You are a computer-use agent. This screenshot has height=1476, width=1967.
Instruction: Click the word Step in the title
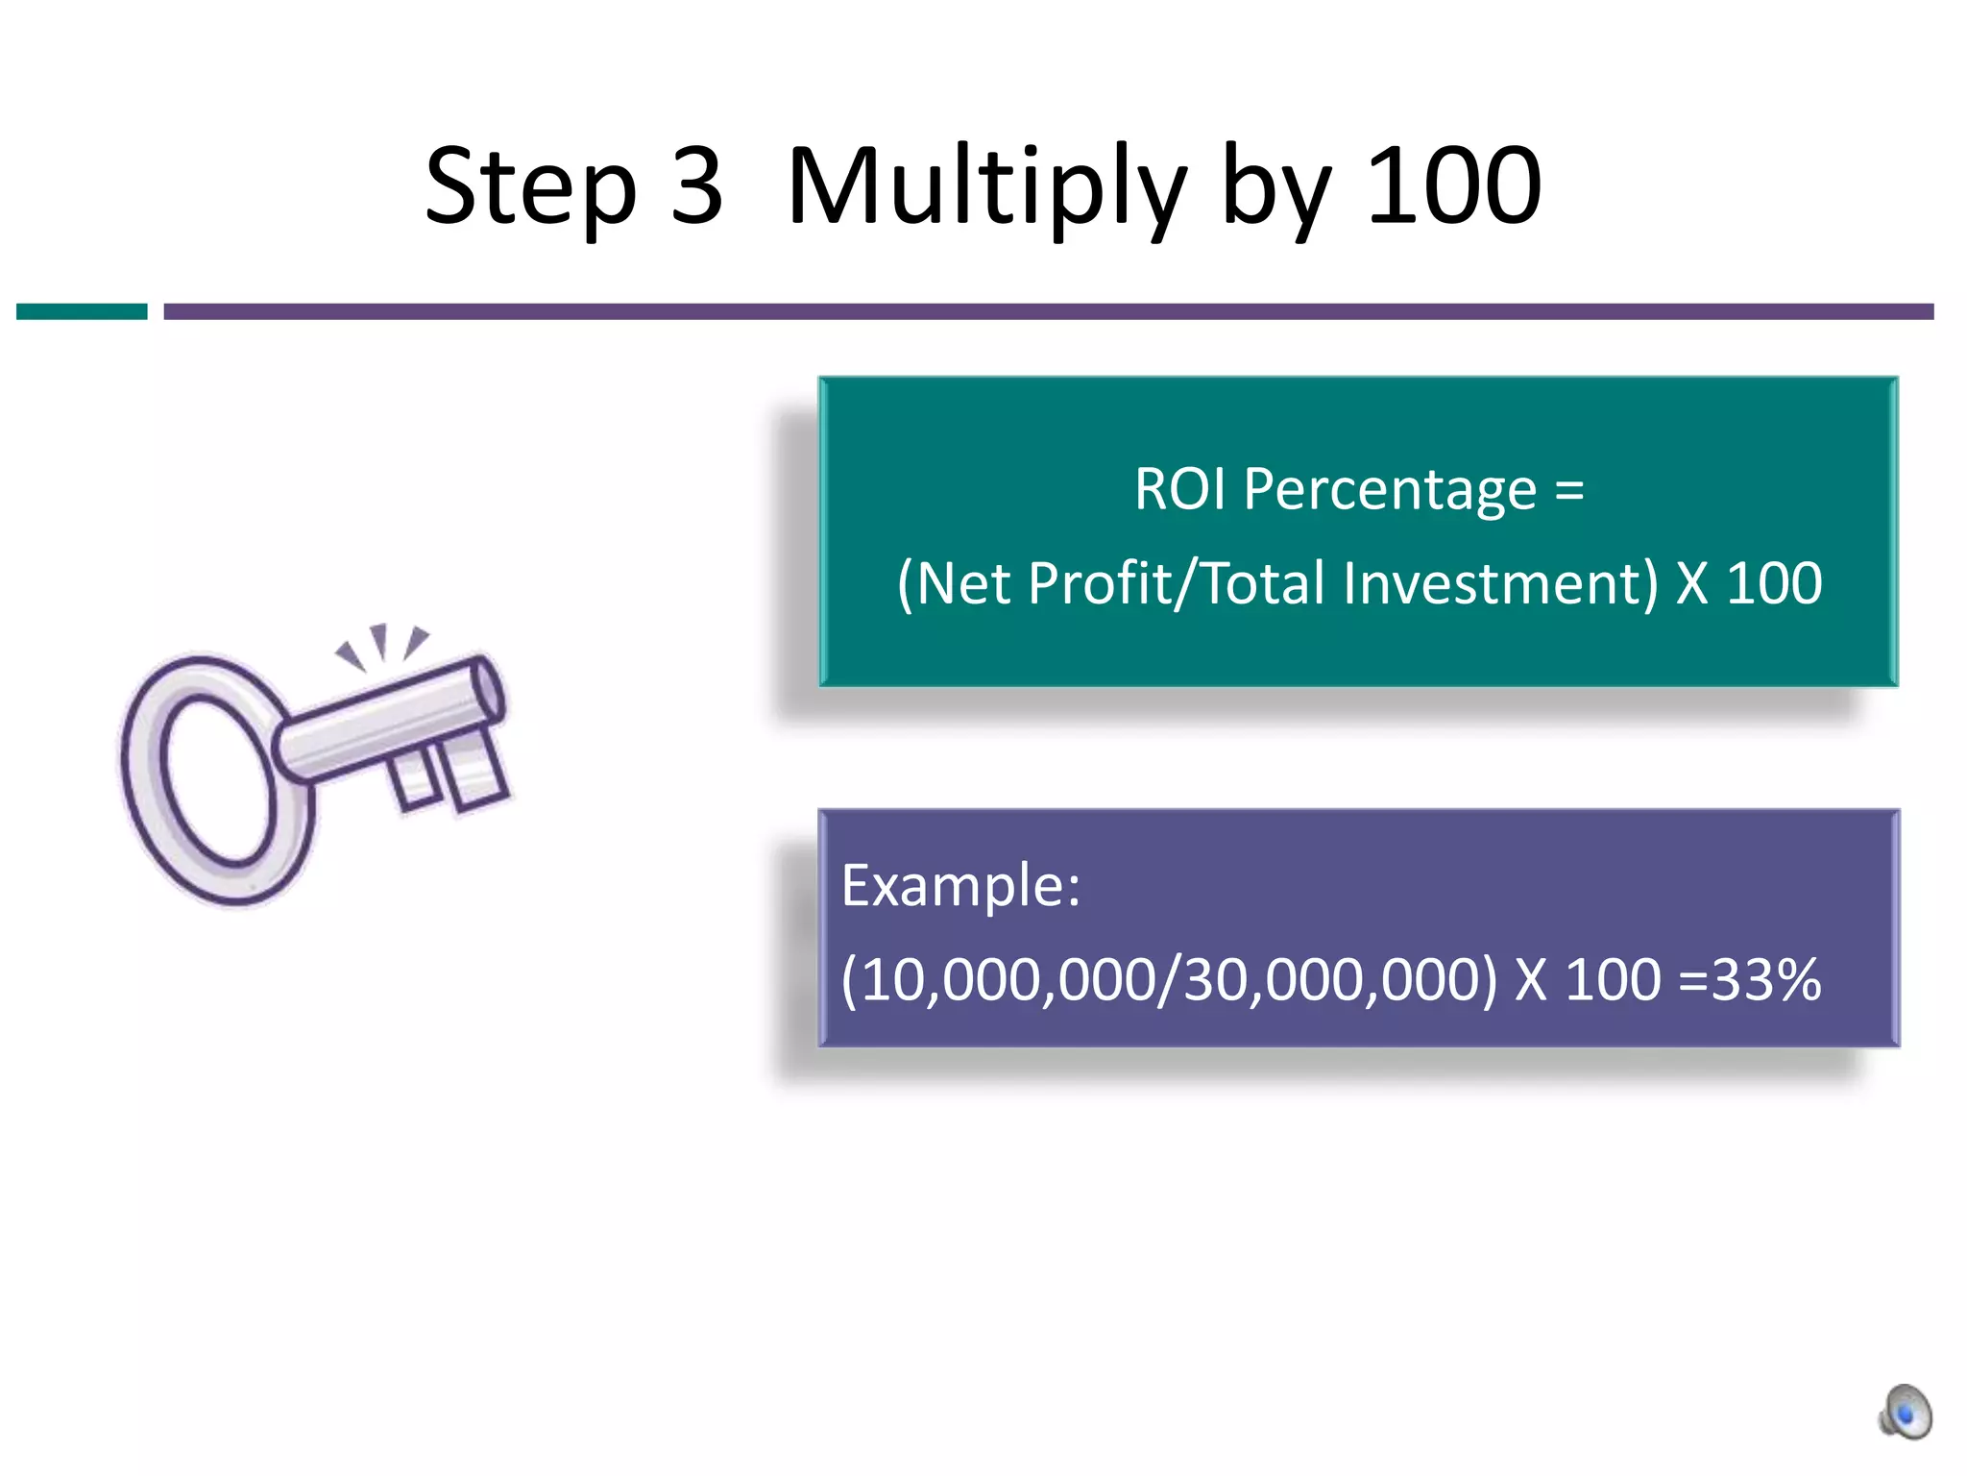[531, 187]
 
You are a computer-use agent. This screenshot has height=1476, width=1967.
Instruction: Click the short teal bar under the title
[82, 311]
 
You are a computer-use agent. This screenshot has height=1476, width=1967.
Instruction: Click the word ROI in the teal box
[1179, 489]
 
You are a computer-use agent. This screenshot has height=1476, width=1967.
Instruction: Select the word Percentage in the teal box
[1390, 491]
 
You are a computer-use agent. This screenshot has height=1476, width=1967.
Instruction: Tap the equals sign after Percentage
[1569, 490]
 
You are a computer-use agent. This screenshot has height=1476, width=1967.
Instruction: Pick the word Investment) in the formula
[1500, 583]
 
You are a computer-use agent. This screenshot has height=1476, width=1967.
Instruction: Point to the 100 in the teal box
[1774, 583]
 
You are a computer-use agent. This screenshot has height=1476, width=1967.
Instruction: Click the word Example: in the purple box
[960, 885]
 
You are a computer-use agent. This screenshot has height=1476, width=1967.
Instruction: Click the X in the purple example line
[1531, 980]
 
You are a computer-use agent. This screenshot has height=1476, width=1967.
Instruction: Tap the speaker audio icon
[1906, 1412]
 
